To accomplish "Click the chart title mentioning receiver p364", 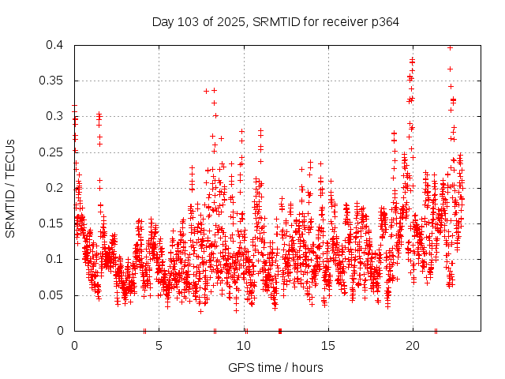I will click(x=275, y=22).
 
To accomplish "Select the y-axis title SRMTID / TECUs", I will click(x=11, y=188).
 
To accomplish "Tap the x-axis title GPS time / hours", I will click(x=275, y=367).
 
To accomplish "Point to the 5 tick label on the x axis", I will click(x=159, y=346).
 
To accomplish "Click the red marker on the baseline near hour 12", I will click(x=280, y=330).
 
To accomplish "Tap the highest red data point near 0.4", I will click(x=450, y=47).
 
